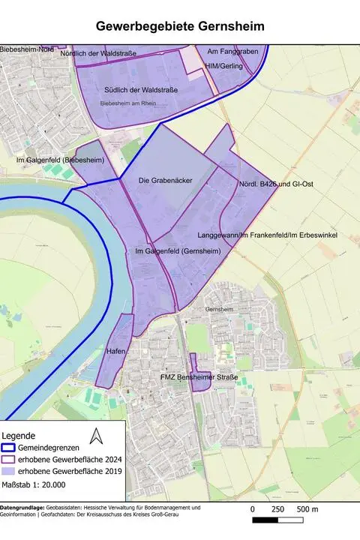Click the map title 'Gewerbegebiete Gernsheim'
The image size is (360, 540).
[180, 27]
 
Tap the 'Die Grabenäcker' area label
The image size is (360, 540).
[167, 181]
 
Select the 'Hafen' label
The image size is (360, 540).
[115, 351]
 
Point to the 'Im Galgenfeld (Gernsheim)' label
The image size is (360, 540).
[178, 250]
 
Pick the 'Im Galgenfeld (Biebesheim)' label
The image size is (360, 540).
[60, 160]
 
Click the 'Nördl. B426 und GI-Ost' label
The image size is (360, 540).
[274, 184]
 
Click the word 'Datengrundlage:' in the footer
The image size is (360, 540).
[23, 508]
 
